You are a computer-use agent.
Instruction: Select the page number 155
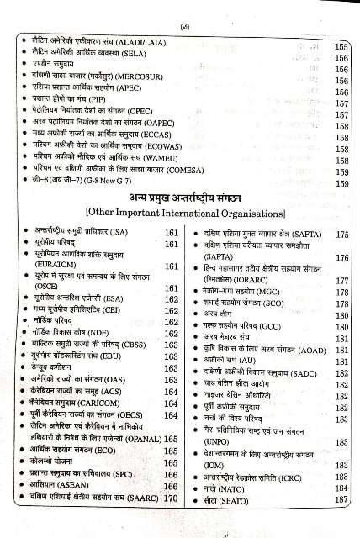341,48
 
